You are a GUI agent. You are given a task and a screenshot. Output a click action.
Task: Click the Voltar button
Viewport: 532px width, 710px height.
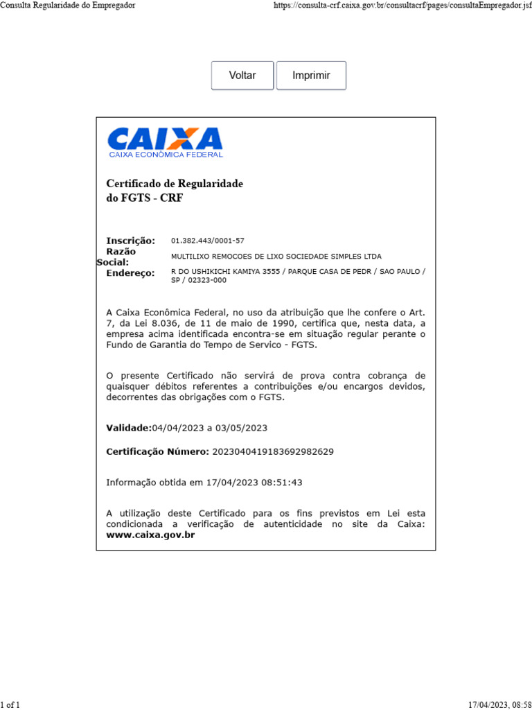(x=242, y=76)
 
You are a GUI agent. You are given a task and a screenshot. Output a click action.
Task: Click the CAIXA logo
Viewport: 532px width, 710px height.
(x=165, y=142)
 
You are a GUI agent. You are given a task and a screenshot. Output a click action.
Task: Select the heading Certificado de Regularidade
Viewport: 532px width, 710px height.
(x=175, y=184)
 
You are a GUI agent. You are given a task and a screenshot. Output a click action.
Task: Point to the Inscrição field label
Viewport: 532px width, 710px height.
(x=130, y=241)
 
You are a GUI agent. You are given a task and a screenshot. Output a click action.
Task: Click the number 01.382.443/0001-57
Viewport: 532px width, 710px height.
(x=208, y=241)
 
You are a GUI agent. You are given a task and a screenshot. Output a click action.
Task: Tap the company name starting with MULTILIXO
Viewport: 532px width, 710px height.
(x=276, y=257)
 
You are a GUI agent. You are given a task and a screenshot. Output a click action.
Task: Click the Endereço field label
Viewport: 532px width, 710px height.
(x=130, y=273)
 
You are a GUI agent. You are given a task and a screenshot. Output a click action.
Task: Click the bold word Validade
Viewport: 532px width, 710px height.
(x=128, y=428)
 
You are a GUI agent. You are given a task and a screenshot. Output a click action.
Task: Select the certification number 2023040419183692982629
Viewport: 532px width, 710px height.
(x=272, y=451)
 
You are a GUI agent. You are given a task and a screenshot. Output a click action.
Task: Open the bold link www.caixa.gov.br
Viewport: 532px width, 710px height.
(x=150, y=535)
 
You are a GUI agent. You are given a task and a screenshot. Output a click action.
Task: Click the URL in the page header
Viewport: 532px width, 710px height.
(x=398, y=6)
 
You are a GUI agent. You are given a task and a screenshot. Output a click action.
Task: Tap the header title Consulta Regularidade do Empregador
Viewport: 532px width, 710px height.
(x=68, y=6)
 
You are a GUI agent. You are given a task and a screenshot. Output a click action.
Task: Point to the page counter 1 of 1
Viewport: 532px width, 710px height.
(x=11, y=704)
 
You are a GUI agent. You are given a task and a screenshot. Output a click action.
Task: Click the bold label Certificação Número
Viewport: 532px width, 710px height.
(x=157, y=451)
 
